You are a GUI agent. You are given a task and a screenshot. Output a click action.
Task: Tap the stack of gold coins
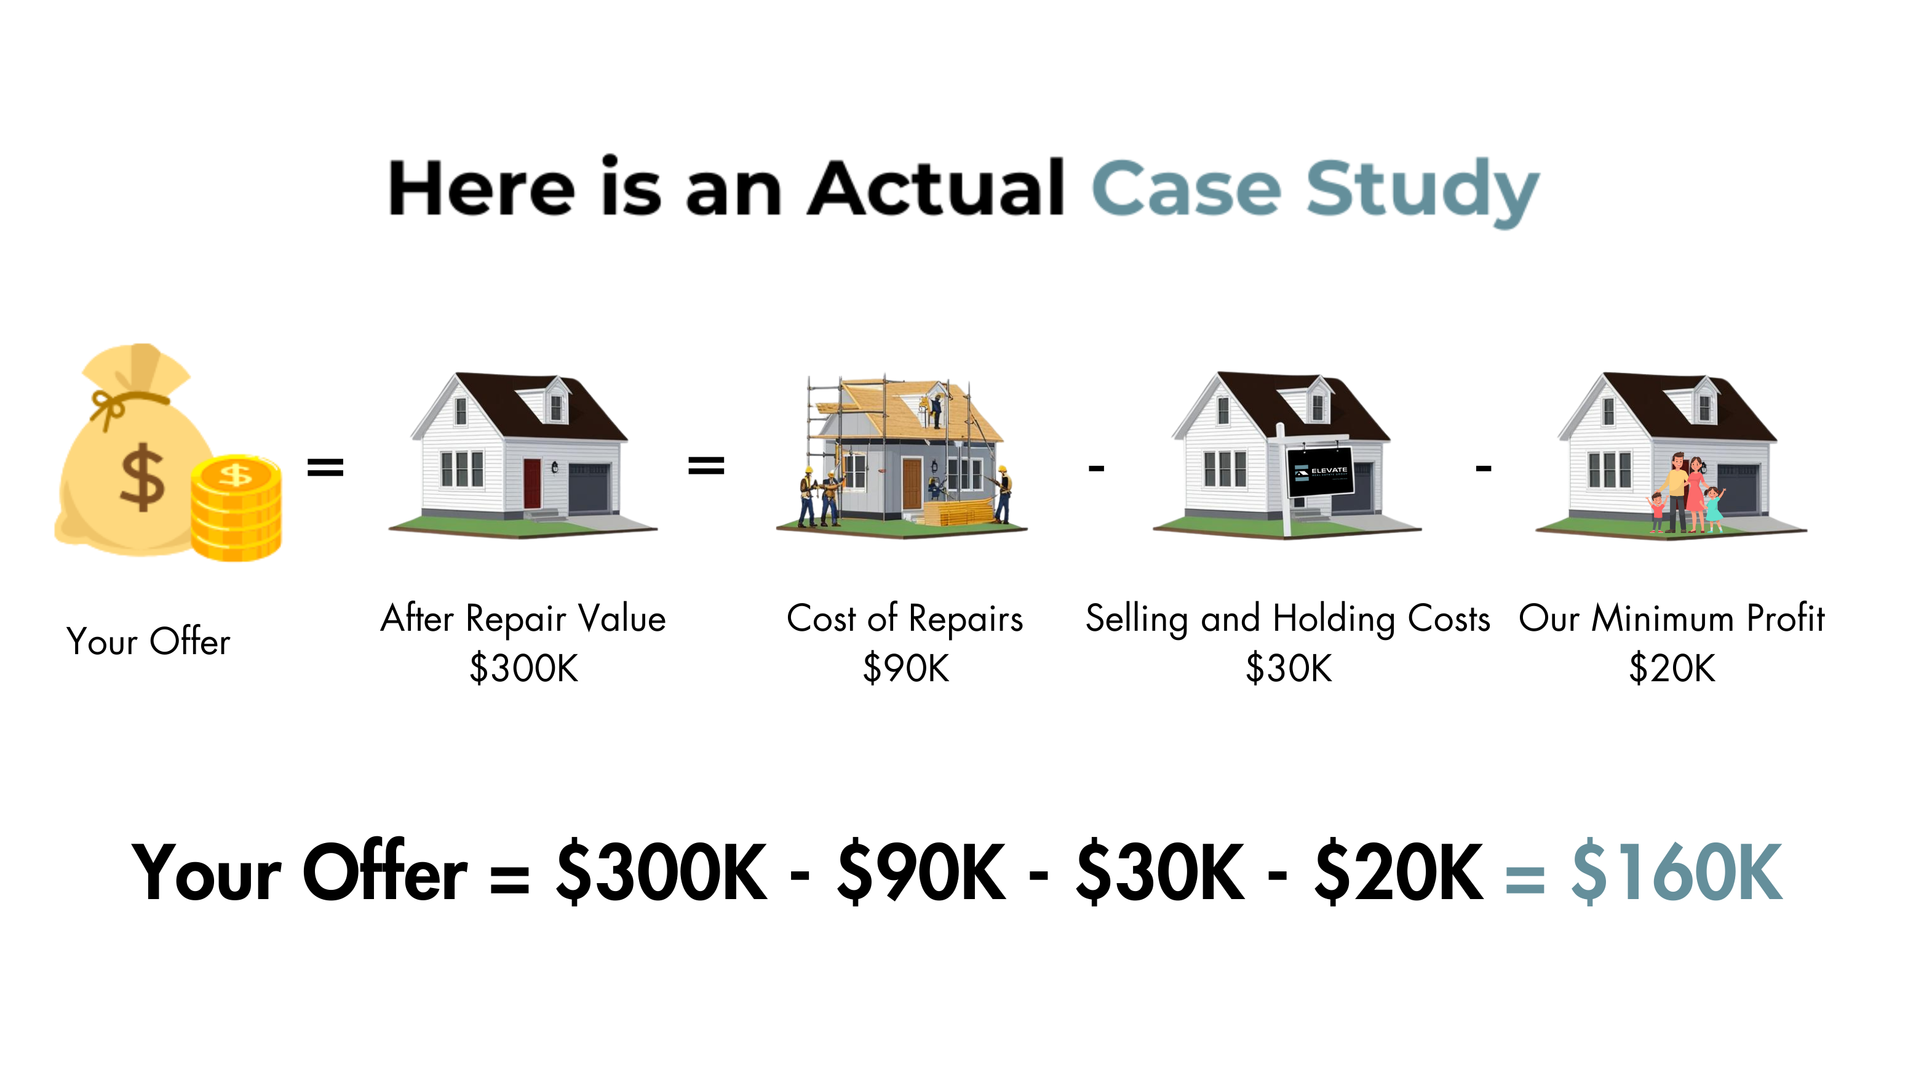click(236, 508)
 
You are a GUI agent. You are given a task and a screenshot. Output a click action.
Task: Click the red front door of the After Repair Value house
click(532, 484)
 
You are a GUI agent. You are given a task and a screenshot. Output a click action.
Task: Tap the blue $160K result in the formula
click(1677, 872)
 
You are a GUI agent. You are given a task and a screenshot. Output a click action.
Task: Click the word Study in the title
click(1423, 191)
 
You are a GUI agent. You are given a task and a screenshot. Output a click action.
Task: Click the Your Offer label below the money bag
click(148, 641)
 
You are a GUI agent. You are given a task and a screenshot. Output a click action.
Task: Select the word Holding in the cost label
click(1334, 620)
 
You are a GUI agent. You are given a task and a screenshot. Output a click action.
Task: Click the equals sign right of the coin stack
click(325, 467)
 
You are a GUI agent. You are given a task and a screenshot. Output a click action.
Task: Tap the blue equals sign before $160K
click(1524, 880)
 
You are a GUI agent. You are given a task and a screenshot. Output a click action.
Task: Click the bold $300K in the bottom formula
click(662, 872)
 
